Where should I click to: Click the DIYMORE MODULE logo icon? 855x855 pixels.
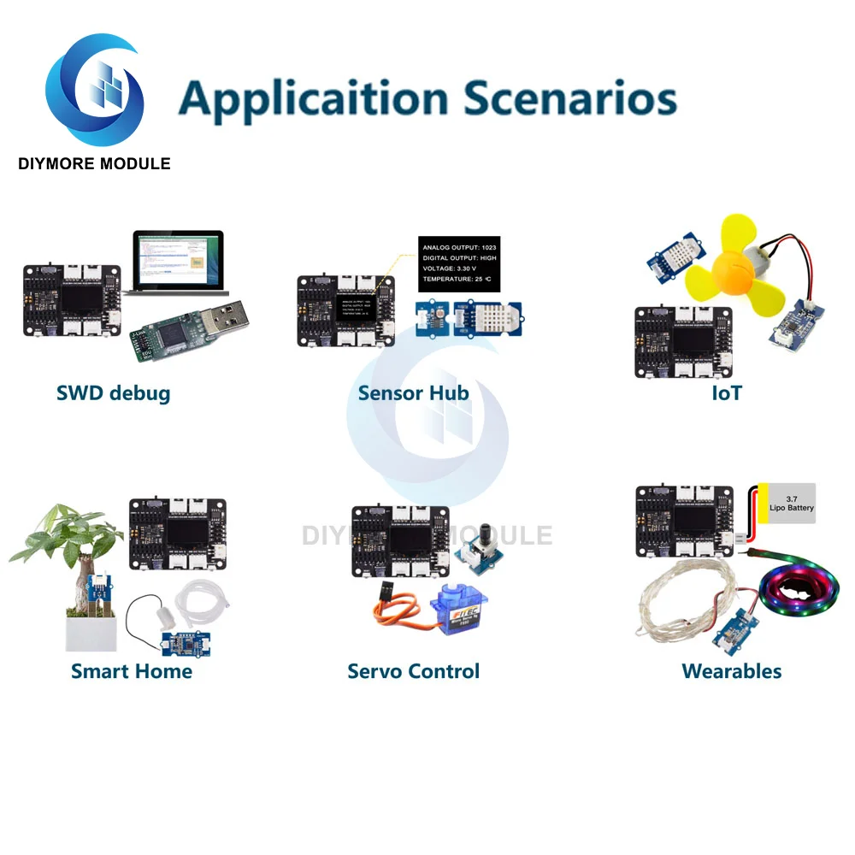94,90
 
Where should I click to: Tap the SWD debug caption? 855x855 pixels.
113,393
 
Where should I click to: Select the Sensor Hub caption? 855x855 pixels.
414,393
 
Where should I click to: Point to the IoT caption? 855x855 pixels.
727,393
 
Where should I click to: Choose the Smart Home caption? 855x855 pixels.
132,671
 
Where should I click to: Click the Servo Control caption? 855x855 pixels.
414,671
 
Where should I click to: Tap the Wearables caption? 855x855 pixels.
732,671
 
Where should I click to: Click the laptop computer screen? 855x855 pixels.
177,260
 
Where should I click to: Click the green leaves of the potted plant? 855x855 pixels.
68,530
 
